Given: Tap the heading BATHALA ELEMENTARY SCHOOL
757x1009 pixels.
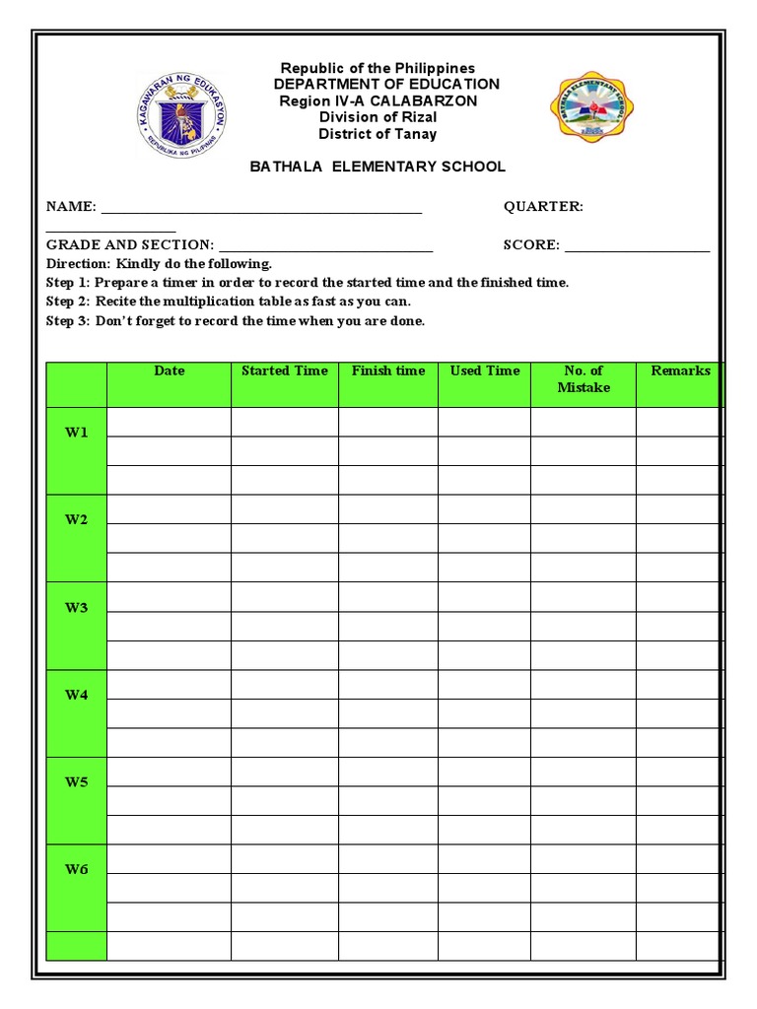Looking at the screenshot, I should point(378,167).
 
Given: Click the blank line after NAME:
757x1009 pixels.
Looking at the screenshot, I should point(261,210).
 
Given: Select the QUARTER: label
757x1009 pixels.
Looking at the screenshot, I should point(543,206).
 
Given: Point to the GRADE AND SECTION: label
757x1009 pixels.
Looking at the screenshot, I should point(129,244).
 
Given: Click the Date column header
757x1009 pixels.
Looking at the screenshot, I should point(169,370).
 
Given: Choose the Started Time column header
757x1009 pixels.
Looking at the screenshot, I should point(285,370).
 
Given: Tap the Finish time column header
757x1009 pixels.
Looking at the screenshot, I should point(388,370).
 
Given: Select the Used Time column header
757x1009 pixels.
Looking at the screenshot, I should point(484,370).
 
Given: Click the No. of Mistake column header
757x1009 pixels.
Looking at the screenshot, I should point(584,378).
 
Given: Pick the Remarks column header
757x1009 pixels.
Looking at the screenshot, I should point(680,370).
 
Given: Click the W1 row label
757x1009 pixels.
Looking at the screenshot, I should point(77,433).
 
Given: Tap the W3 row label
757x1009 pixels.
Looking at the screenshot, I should point(77,608).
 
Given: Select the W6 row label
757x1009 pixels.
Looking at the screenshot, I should point(77,869).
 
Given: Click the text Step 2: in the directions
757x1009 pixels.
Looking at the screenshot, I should point(68,302).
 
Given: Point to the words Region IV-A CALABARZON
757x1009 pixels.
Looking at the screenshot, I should point(378,101).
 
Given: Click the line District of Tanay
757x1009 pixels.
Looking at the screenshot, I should point(378,134).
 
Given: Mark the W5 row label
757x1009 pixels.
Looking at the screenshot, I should point(77,782).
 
